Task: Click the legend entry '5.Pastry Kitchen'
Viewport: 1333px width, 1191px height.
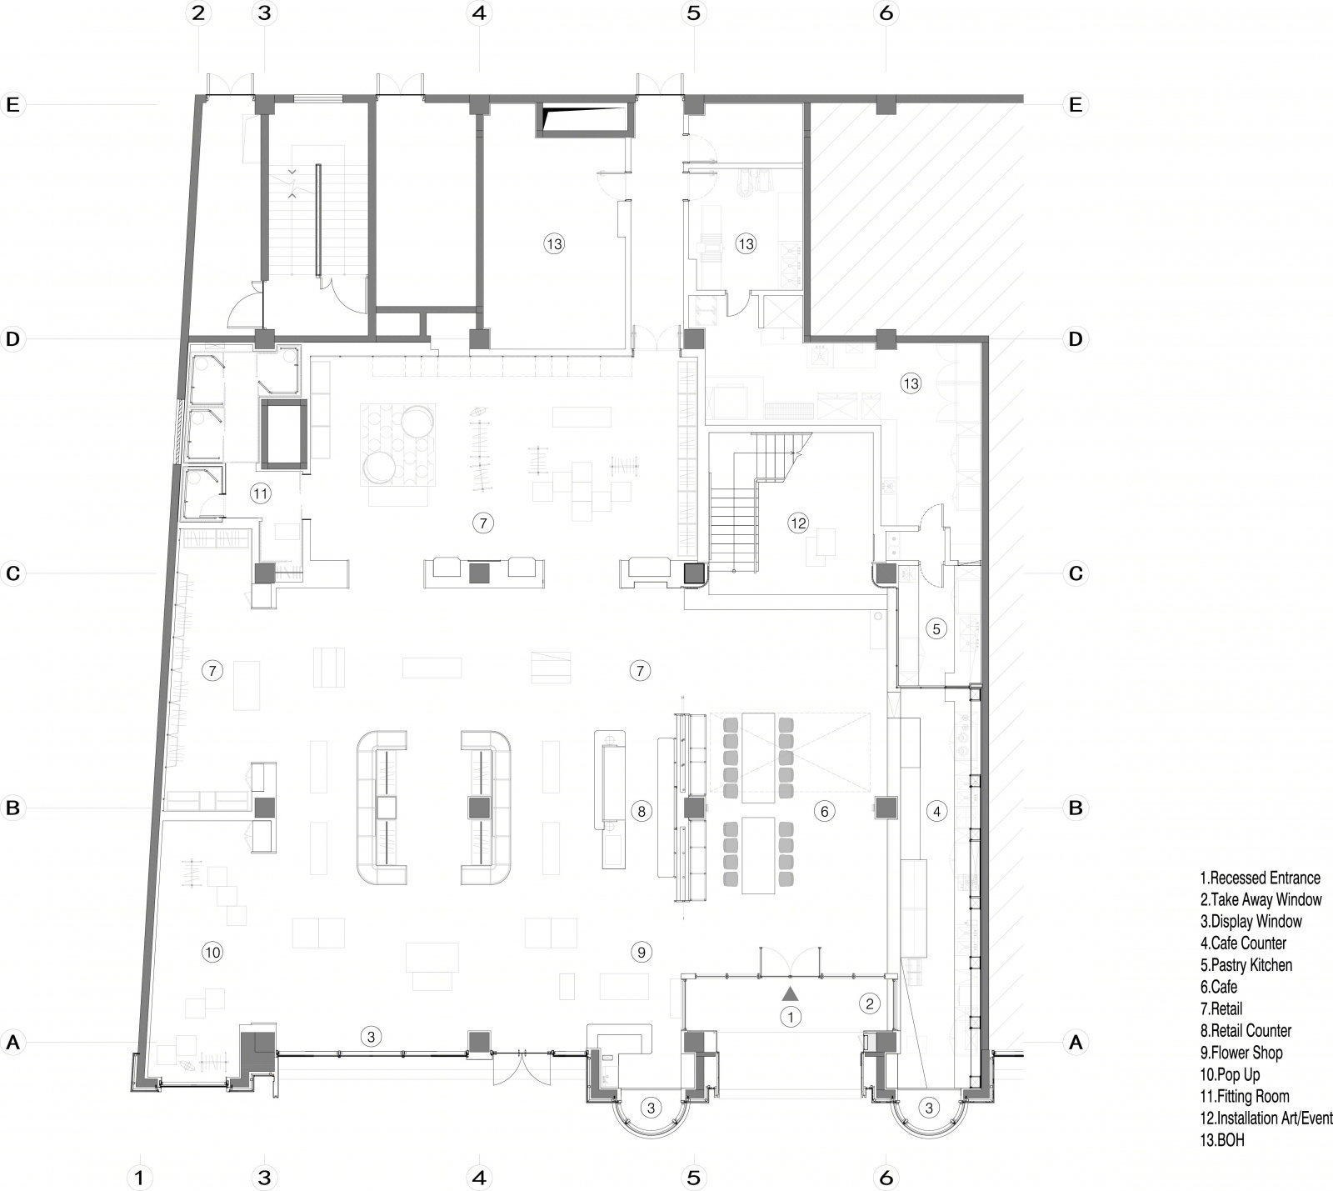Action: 1246,965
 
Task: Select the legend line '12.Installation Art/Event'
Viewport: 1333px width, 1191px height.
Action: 1266,1118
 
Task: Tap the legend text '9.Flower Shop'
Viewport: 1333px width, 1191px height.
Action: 1241,1053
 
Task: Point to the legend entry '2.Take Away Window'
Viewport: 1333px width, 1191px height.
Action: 1261,899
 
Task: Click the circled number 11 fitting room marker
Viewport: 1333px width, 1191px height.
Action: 261,493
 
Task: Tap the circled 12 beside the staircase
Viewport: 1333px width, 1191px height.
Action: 798,523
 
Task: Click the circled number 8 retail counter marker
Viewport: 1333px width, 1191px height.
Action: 640,811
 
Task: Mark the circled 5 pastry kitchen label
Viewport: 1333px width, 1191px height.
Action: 936,629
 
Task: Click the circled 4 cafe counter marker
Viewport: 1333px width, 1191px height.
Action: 936,811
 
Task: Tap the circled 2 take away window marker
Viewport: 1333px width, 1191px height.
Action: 870,1003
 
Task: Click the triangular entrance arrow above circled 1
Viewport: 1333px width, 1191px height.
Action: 790,993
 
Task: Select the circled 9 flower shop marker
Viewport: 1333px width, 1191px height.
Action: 640,951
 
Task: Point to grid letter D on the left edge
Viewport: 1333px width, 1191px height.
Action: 12,339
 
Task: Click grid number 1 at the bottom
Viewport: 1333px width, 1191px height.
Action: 140,1177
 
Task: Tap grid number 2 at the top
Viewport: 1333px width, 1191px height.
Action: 198,13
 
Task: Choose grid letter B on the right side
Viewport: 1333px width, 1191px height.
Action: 1076,808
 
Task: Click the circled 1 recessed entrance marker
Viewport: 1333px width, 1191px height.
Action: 790,1016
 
